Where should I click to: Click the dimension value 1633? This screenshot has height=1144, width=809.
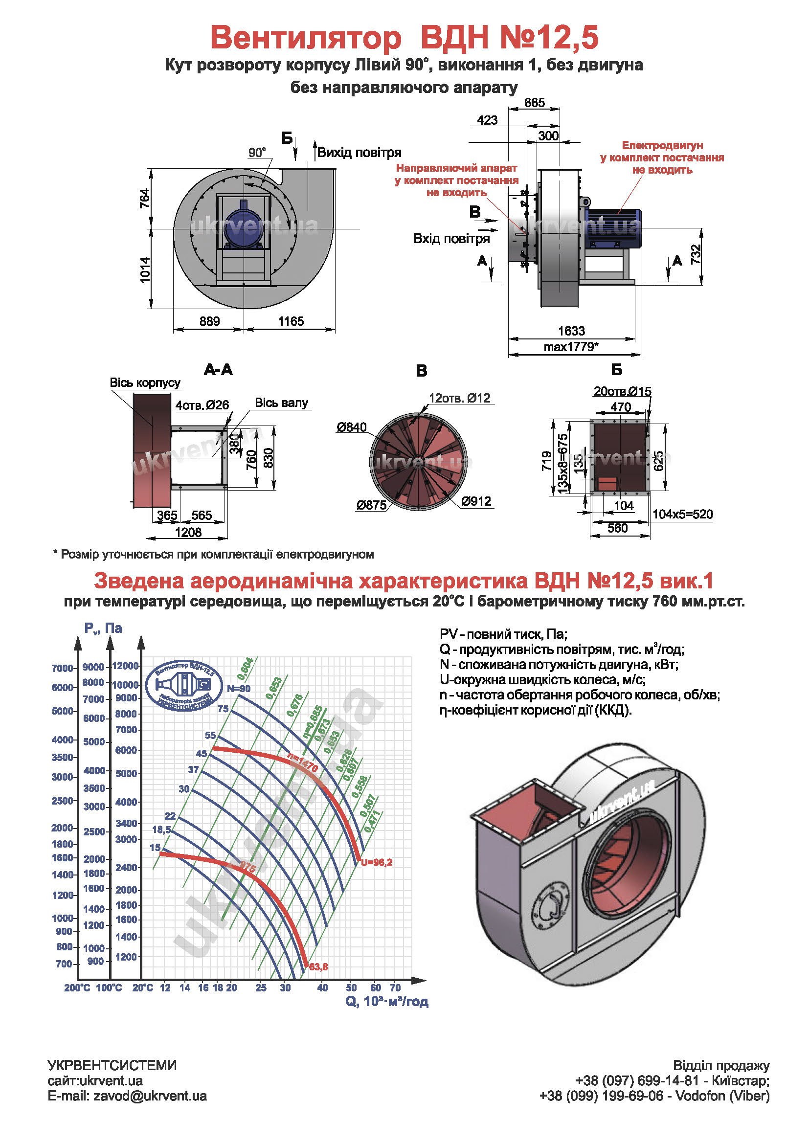point(571,331)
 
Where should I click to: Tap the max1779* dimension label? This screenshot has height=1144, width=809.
point(571,347)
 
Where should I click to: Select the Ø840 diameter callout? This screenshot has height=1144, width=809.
point(351,427)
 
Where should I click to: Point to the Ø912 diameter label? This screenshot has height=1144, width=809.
point(476,501)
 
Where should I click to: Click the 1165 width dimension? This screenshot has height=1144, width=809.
point(291,321)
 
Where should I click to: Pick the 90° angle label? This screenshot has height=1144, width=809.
point(257,153)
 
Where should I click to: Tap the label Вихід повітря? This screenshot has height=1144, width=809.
point(359,153)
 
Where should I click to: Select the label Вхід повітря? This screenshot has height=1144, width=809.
point(451,239)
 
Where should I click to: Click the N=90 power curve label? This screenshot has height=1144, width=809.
point(239,689)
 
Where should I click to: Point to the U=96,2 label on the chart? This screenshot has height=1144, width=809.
point(377,862)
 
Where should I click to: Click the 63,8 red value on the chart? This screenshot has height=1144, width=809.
point(318,967)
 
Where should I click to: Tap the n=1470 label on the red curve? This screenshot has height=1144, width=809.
point(302,763)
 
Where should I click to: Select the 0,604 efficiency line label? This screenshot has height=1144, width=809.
point(245,669)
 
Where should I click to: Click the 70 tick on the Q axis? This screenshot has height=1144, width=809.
point(395,987)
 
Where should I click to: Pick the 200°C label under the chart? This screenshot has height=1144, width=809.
point(77,987)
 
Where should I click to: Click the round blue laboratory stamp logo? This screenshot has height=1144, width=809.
point(184,686)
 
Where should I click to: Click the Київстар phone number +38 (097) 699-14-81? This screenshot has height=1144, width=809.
point(637,1081)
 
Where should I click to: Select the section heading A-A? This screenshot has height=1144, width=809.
point(218,370)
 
